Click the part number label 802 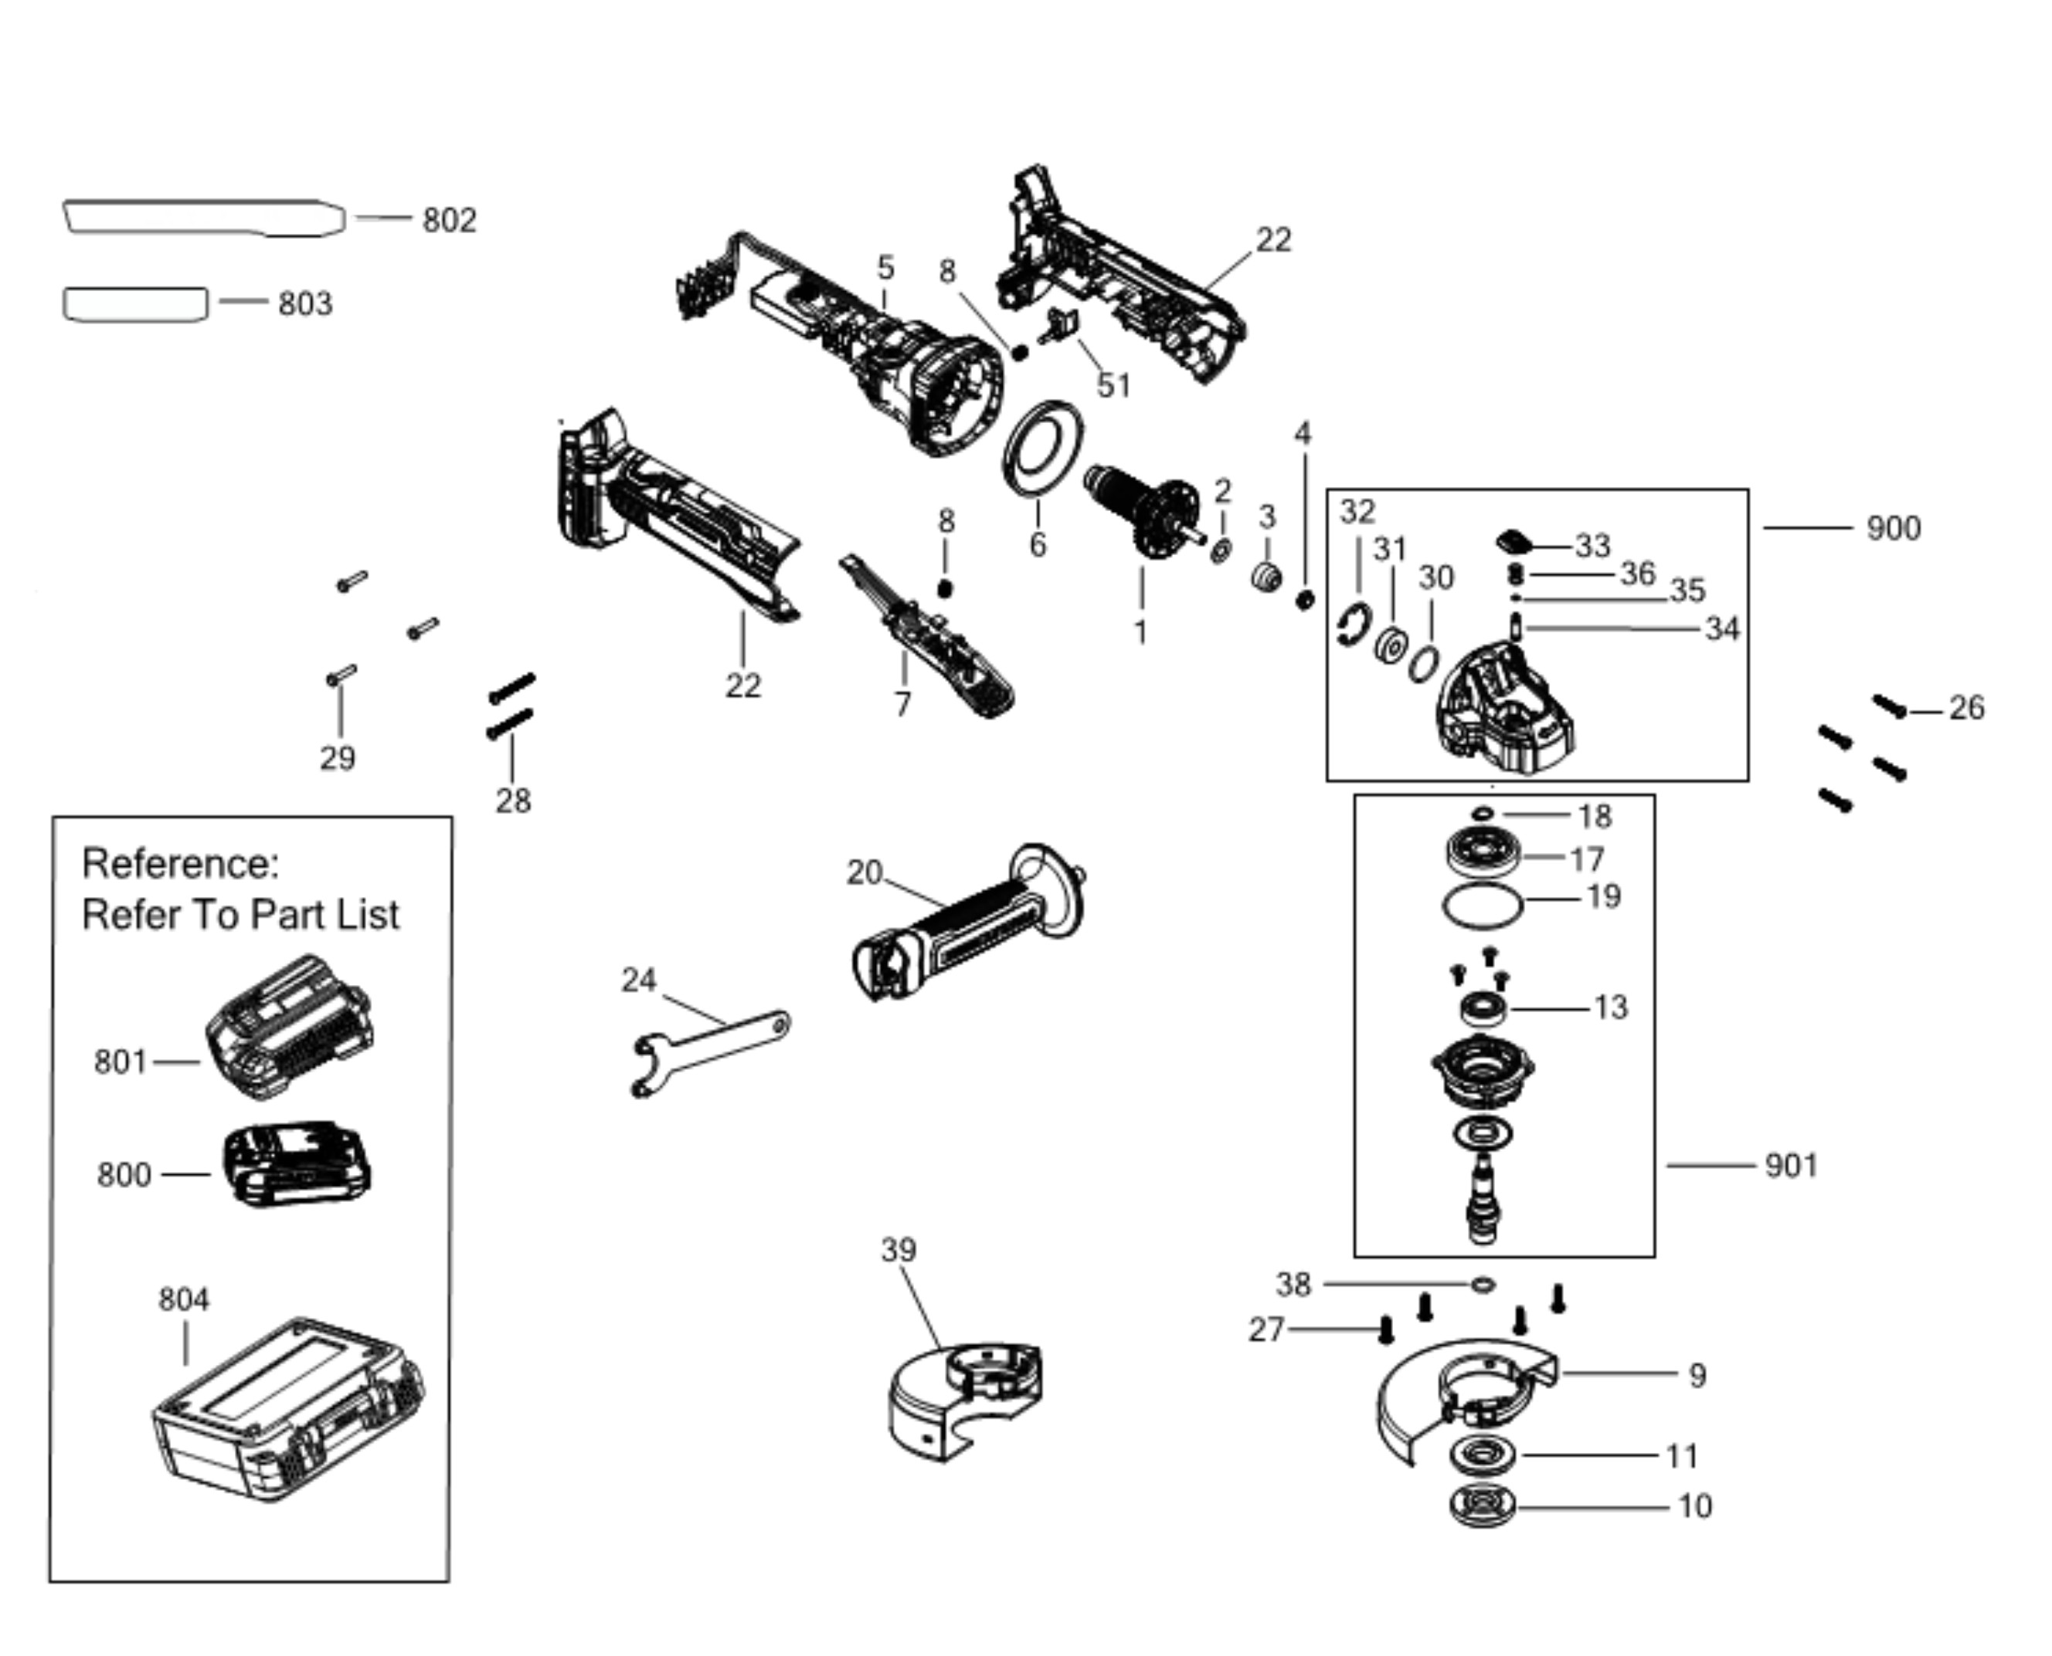(x=449, y=220)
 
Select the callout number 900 (x=1894, y=527)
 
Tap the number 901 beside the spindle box (x=1792, y=1166)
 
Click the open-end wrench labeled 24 (x=711, y=1052)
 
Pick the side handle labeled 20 (x=969, y=923)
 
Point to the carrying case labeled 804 (x=287, y=1410)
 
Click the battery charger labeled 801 (x=289, y=1029)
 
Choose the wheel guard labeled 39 (x=964, y=1402)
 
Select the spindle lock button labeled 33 (x=1514, y=542)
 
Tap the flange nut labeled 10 (x=1481, y=1507)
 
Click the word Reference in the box (x=180, y=863)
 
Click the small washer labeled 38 (x=1482, y=1285)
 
